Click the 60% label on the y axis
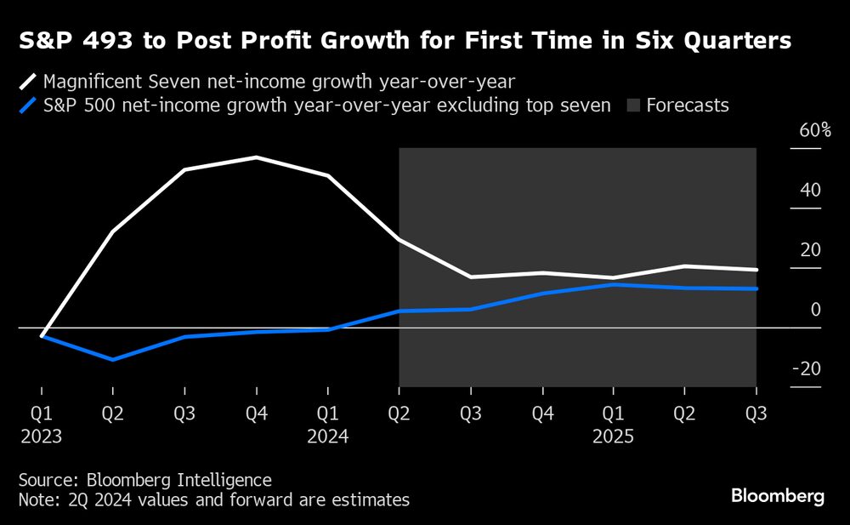pos(814,131)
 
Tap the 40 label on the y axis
pos(811,190)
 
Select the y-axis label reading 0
pos(815,309)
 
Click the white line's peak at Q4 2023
pos(256,157)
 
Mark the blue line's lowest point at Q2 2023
pos(113,360)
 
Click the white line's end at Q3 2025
pos(756,270)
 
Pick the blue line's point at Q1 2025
pos(613,284)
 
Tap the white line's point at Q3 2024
pos(470,277)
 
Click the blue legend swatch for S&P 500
pos(28,106)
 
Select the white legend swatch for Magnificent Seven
pos(28,82)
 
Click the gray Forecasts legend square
pos(632,106)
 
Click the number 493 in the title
pos(99,41)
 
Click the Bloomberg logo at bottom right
pos(778,497)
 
